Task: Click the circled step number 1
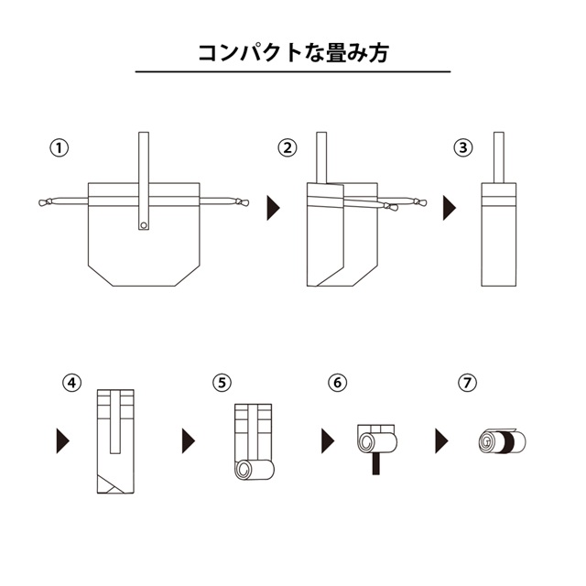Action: point(59,148)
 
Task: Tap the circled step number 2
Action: point(288,148)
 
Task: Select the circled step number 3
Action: point(463,148)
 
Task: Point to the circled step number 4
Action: point(72,383)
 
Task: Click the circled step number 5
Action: point(222,383)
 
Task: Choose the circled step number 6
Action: point(338,383)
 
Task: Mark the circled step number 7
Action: point(468,383)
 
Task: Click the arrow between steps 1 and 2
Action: point(273,208)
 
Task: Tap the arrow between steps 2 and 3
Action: point(450,208)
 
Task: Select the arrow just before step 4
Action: point(63,441)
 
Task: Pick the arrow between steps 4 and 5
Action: point(189,441)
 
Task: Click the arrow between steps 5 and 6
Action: point(328,441)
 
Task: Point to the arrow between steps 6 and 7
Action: point(441,441)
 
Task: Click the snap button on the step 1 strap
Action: point(144,225)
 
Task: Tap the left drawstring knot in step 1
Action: point(45,202)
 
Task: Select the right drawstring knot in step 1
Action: point(242,202)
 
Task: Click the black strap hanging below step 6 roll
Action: point(375,463)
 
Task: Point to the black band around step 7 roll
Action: point(506,442)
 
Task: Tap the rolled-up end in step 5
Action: point(255,470)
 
